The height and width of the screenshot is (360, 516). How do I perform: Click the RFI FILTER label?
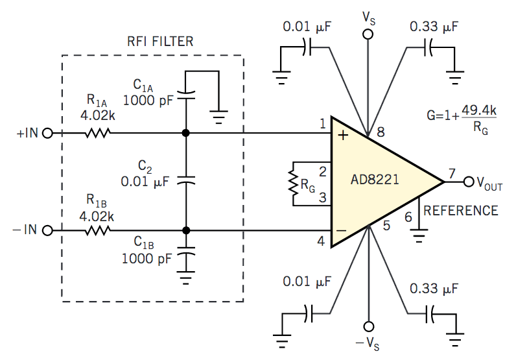159,42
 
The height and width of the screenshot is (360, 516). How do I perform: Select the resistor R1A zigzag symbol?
97,133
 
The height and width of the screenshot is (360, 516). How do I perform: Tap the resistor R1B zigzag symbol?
97,230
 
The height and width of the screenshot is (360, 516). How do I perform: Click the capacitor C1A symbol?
186,94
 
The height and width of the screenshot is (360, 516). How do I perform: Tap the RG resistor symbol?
294,182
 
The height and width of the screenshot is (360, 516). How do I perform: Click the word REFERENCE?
461,210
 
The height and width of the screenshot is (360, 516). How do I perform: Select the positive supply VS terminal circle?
368,34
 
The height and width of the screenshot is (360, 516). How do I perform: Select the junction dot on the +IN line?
186,133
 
